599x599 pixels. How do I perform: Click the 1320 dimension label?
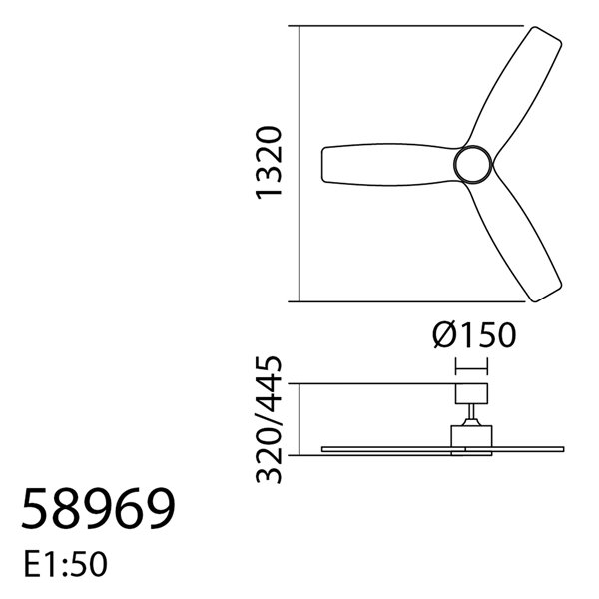pyautogui.click(x=271, y=163)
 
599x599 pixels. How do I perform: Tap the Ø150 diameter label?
pyautogui.click(x=474, y=335)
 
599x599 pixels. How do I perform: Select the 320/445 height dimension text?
pyautogui.click(x=271, y=419)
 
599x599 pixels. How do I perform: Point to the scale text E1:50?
pyautogui.click(x=64, y=565)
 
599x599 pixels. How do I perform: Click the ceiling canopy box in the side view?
pyautogui.click(x=471, y=393)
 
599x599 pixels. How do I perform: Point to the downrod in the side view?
pyautogui.click(x=471, y=414)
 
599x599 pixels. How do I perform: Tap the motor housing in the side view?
pyautogui.click(x=471, y=437)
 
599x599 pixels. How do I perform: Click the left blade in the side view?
pyautogui.click(x=385, y=449)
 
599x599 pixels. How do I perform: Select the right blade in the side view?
pyautogui.click(x=529, y=449)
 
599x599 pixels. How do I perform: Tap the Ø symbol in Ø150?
pyautogui.click(x=445, y=335)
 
